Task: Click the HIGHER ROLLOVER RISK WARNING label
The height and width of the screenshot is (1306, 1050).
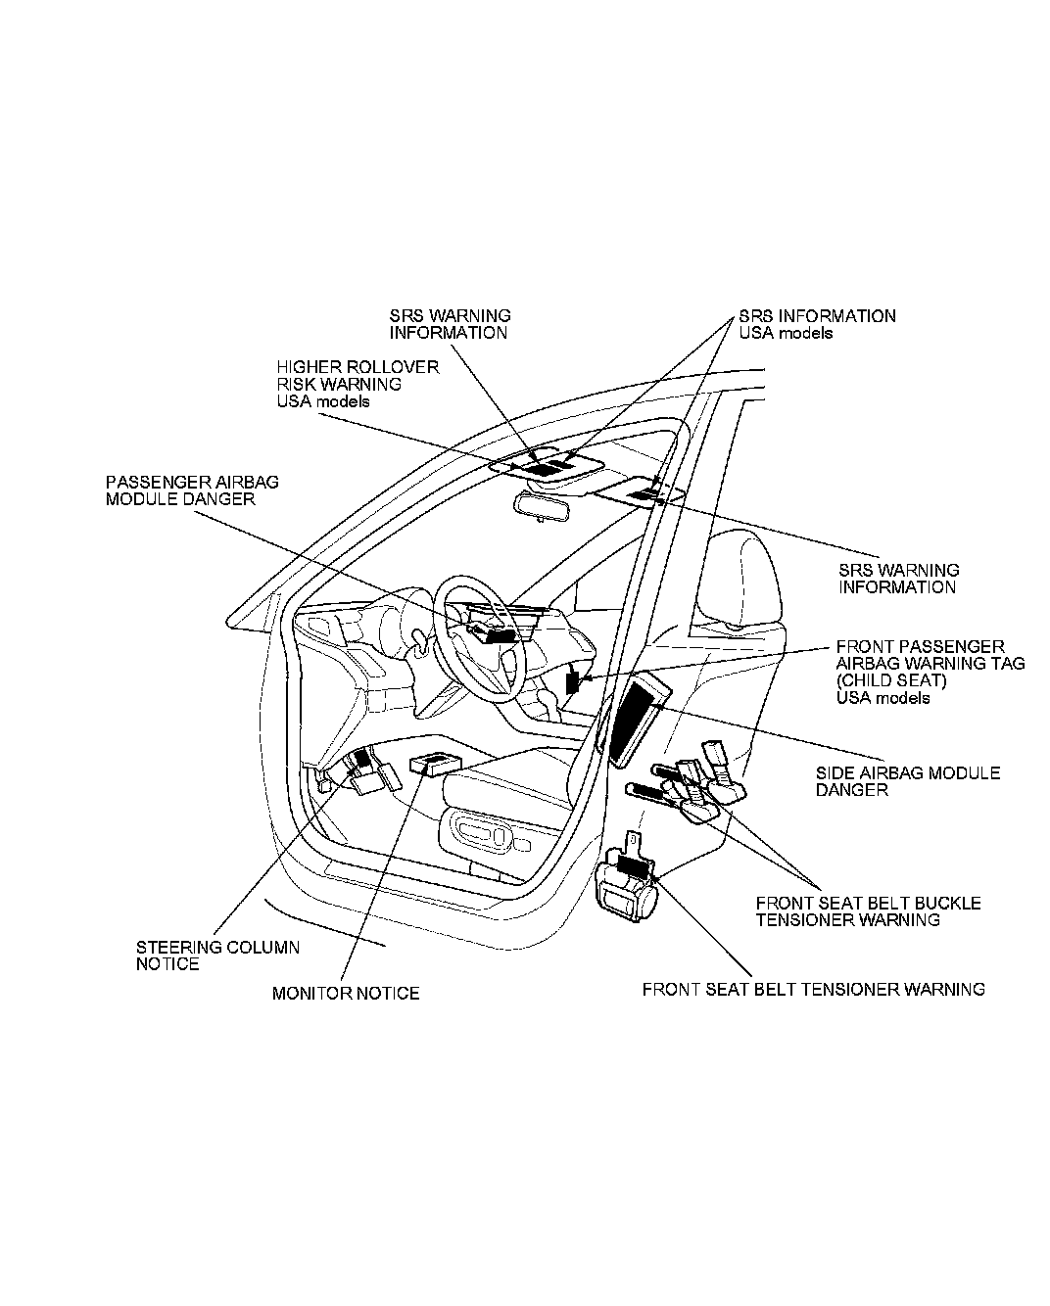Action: [357, 384]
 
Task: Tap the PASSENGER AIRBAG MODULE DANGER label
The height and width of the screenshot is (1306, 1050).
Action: [192, 490]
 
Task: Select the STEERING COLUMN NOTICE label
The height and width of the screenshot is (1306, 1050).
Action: [217, 956]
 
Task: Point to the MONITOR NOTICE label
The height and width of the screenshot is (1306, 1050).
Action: [345, 994]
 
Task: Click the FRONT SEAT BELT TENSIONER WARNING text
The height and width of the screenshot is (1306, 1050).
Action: [813, 990]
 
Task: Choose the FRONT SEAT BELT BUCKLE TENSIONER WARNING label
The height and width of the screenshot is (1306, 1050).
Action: [868, 911]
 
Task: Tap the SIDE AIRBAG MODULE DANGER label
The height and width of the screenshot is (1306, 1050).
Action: [908, 781]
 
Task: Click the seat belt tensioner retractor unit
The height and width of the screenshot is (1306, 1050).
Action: [628, 889]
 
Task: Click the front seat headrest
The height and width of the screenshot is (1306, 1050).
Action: [742, 578]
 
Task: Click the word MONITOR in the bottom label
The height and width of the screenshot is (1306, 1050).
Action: [310, 994]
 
